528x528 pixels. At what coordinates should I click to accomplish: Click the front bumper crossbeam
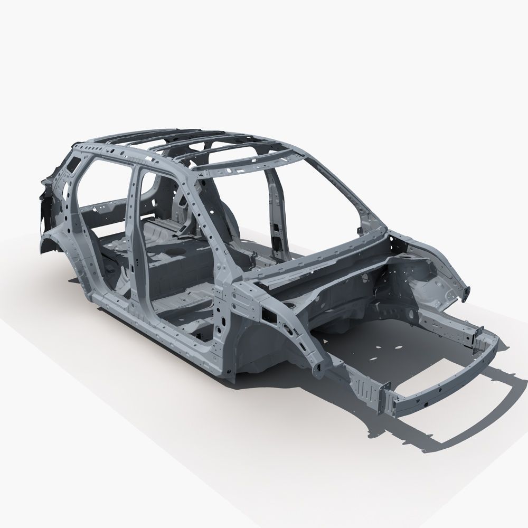tap(449, 385)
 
